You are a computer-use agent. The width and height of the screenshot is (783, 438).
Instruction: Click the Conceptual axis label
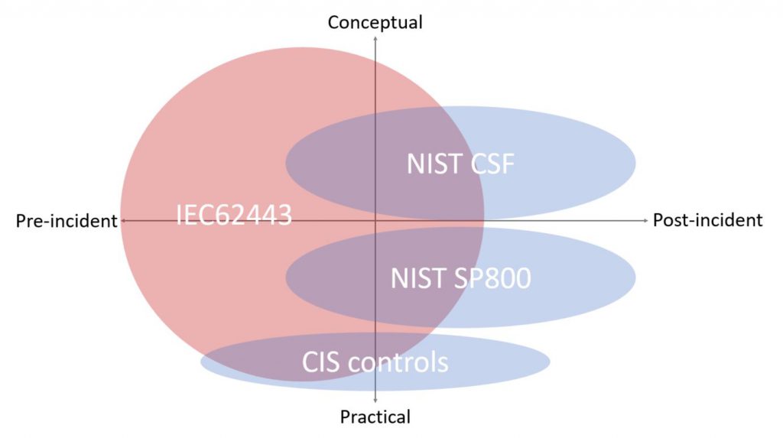tap(375, 22)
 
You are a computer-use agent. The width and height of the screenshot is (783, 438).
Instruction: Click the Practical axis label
tap(375, 417)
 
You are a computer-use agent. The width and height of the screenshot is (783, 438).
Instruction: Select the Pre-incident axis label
tap(66, 221)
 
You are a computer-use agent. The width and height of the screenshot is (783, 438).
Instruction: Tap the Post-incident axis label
tap(707, 220)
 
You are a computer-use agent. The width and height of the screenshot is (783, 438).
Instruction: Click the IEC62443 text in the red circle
tap(234, 215)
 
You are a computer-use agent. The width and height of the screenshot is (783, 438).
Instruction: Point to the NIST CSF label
tap(460, 164)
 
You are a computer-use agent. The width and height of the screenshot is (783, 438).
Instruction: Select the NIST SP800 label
tap(460, 278)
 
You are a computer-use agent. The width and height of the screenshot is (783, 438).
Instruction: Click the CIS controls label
tap(375, 361)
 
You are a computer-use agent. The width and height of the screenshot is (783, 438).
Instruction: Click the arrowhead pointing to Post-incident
tap(644, 220)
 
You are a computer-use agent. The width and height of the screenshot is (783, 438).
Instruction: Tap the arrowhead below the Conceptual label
tap(375, 38)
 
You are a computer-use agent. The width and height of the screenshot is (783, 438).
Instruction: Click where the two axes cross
tap(375, 220)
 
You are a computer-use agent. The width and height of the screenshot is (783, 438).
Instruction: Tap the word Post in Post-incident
tap(669, 220)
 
